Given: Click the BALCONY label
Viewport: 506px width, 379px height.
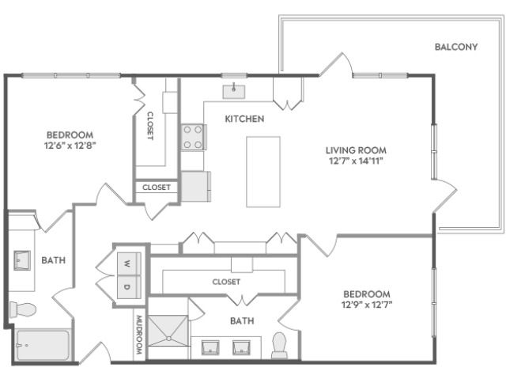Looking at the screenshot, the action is (x=456, y=47).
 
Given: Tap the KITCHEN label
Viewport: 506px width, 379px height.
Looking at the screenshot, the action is (x=244, y=119).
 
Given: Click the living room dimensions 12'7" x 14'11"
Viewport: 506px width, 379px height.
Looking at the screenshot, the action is (x=356, y=161).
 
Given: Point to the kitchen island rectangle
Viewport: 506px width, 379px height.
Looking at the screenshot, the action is (x=263, y=172).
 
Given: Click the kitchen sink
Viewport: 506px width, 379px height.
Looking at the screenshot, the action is (x=234, y=92).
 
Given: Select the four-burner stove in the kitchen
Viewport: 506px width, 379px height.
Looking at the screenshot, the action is (x=193, y=137).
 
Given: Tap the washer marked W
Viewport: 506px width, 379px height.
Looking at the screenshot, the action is (x=129, y=264).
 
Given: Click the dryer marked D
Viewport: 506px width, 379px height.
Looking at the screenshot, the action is (x=129, y=287).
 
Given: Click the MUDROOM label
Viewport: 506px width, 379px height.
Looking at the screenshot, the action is (x=139, y=335).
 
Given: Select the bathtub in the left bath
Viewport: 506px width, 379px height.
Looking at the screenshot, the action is (x=43, y=345).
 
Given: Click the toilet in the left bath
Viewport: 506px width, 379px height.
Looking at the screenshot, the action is (x=23, y=310).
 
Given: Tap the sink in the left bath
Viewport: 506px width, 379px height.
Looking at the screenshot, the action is (x=22, y=260).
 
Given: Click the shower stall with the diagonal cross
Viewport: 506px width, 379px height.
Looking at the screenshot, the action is (x=168, y=331).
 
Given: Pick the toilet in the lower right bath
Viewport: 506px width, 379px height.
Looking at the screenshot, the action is (x=279, y=346).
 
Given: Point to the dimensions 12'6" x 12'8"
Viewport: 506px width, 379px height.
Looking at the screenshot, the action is (x=70, y=146).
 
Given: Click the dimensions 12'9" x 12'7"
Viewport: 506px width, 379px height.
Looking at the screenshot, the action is (x=367, y=305).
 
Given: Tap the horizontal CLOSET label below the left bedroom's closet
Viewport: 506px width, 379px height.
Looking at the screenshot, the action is (x=157, y=188).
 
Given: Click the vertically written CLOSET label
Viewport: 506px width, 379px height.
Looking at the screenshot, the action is (x=150, y=126).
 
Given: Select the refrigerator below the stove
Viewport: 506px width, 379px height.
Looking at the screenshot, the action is (x=195, y=187).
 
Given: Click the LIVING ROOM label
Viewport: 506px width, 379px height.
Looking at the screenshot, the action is (x=356, y=150).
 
